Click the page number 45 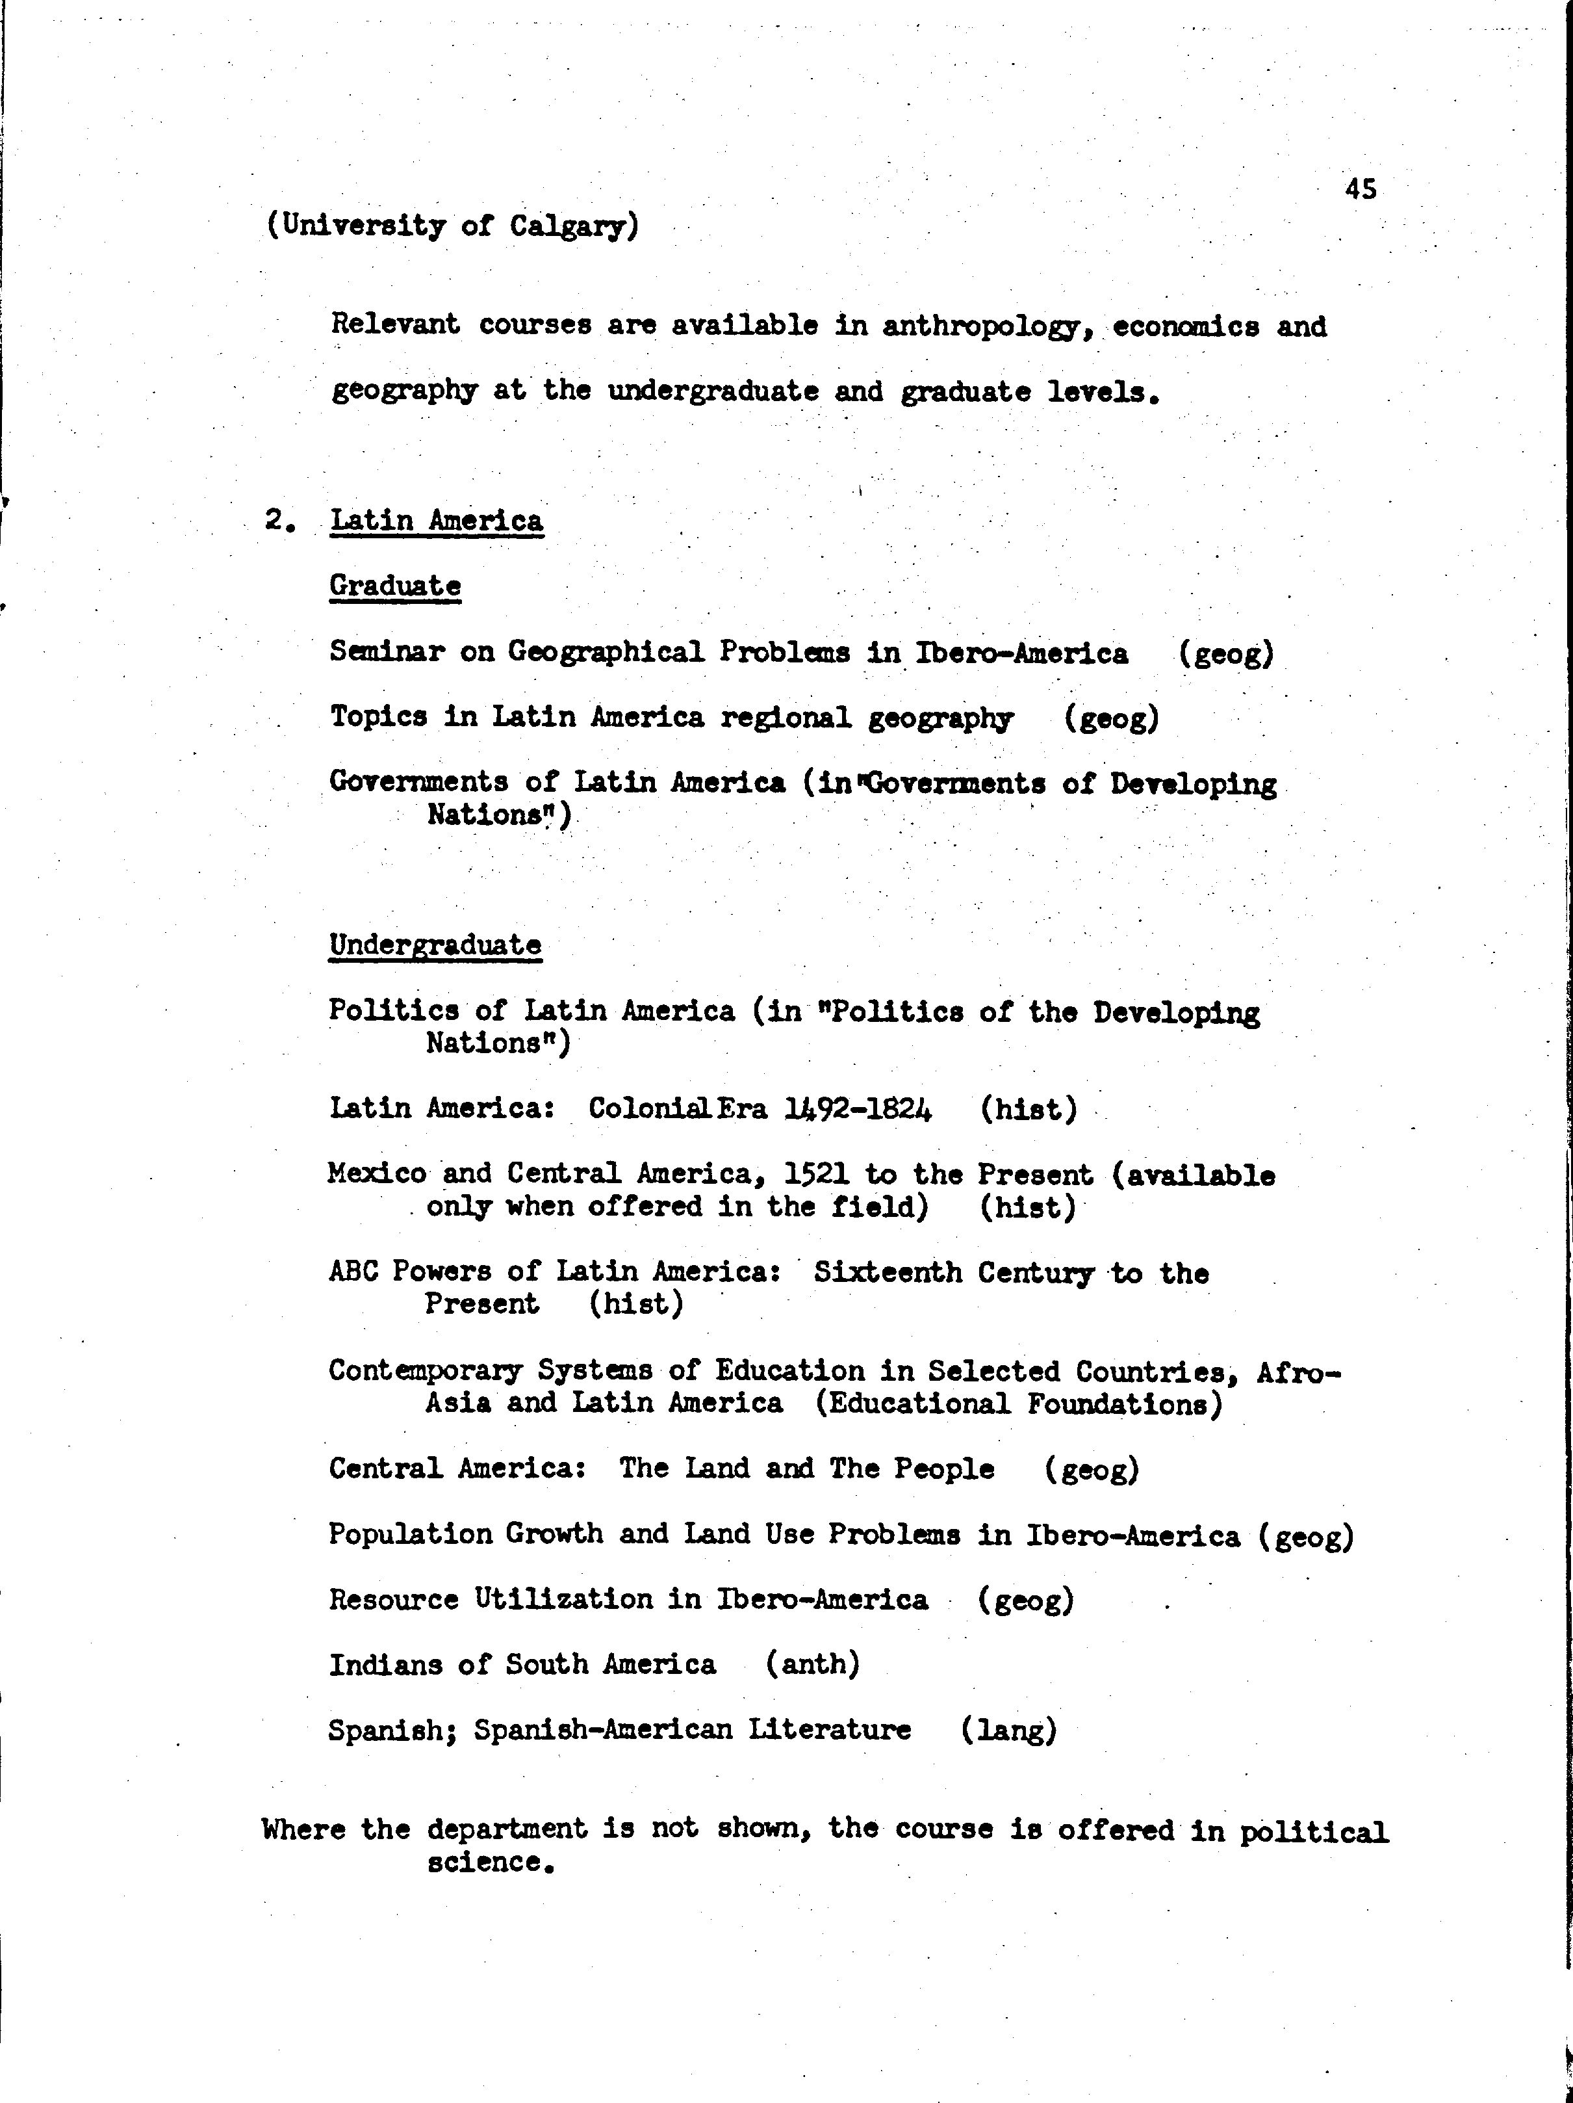1360,190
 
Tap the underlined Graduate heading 396,586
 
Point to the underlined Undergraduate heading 435,945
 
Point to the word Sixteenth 888,1272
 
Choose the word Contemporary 425,1371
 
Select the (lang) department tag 1008,1729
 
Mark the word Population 409,1534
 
